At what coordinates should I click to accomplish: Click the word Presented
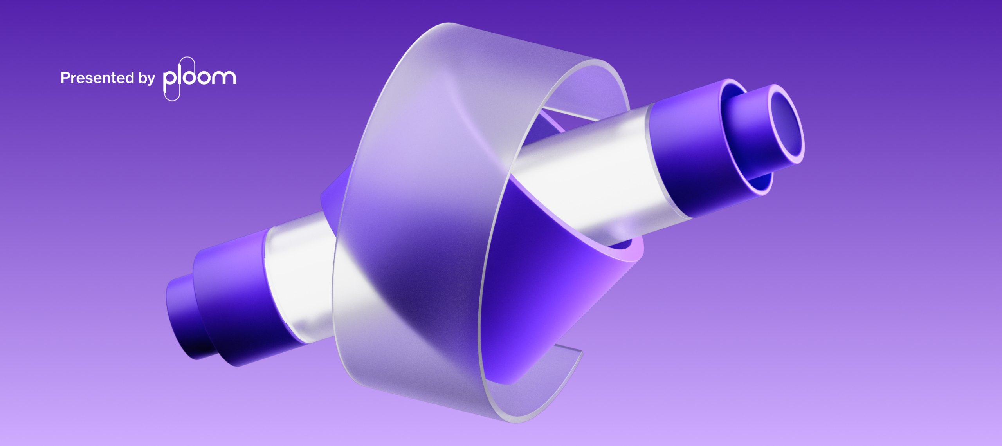[97, 78]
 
